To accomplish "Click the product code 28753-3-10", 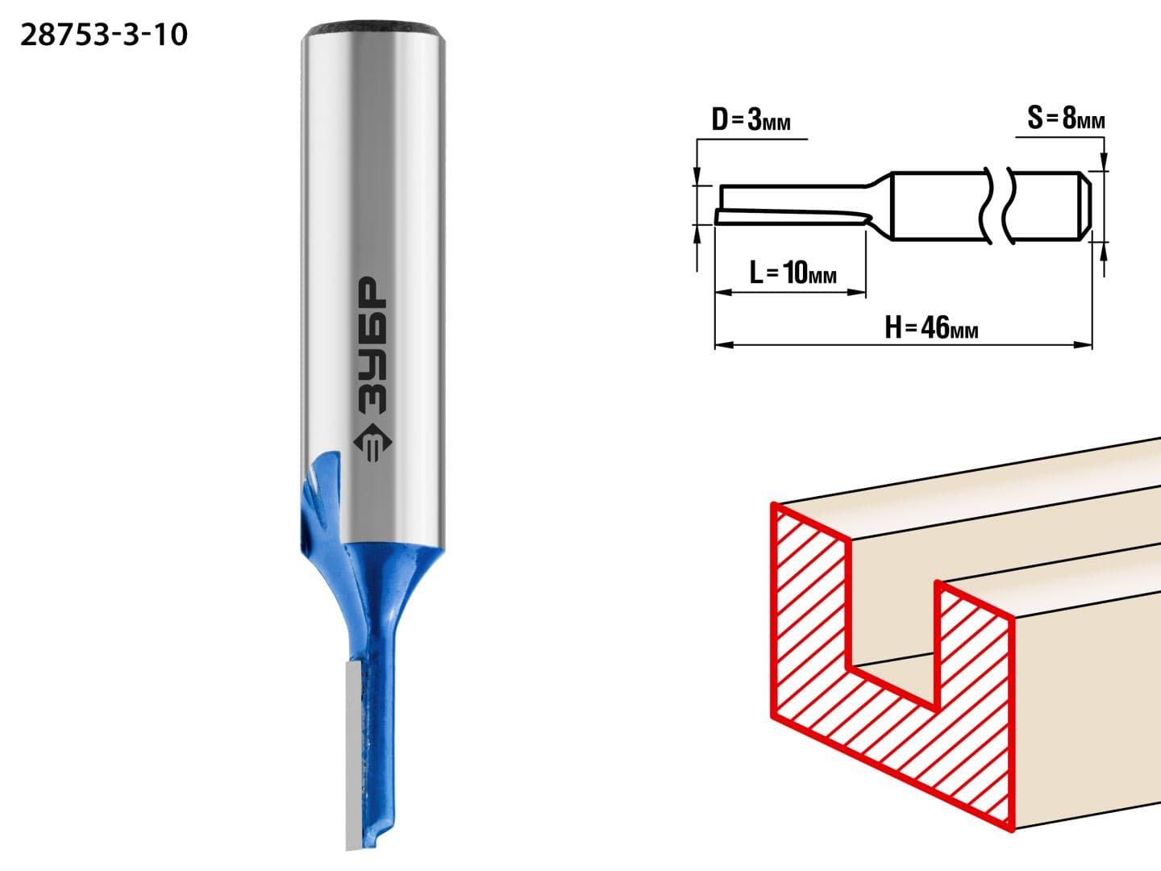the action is click(104, 35).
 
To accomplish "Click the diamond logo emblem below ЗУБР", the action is click(372, 442).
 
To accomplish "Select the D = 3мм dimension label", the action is click(751, 119).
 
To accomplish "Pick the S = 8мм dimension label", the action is click(1066, 118).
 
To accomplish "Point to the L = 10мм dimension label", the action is click(793, 273).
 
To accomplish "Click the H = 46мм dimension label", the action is click(931, 327).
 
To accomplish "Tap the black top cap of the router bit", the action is click(373, 28).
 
